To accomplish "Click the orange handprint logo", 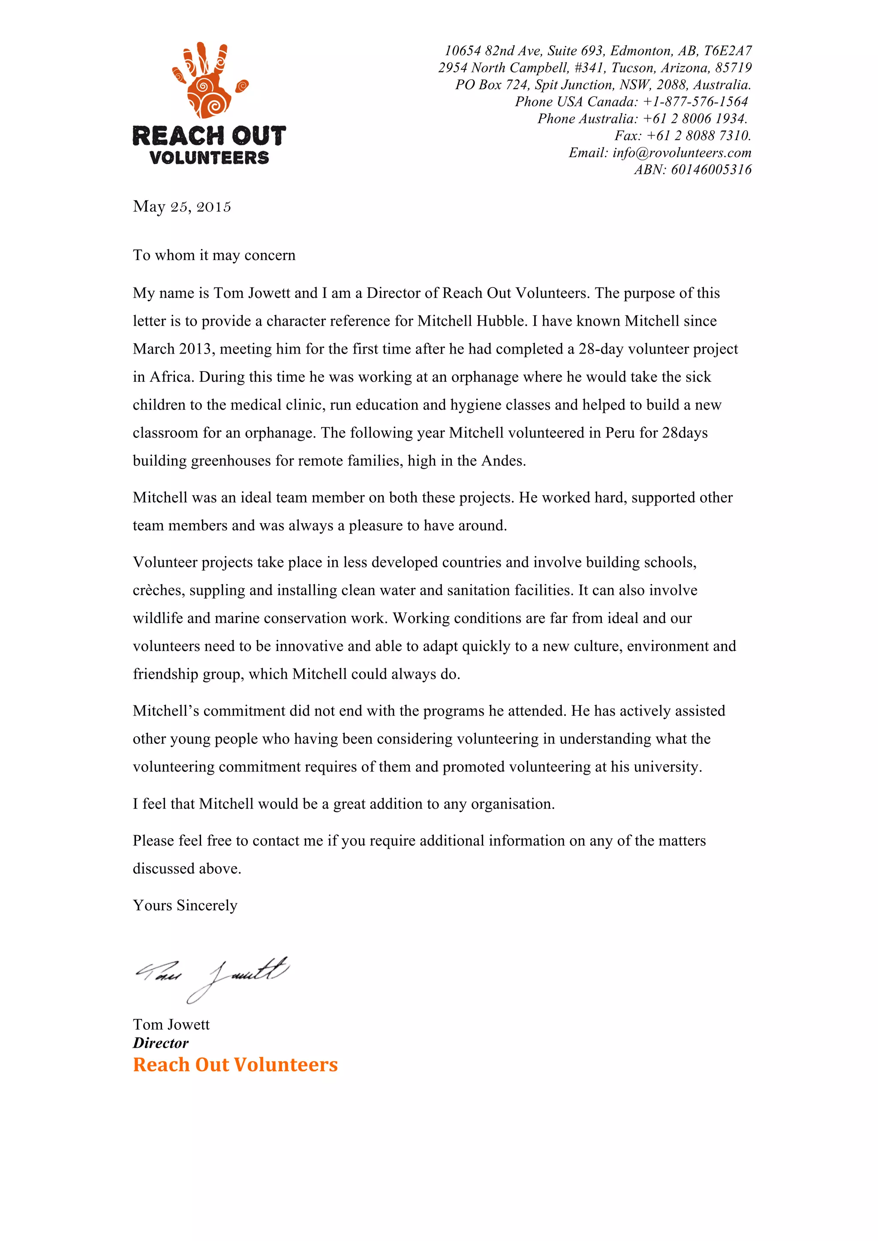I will click(x=208, y=81).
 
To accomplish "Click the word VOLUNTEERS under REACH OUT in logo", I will click(x=209, y=158).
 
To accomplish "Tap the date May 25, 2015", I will click(x=182, y=207).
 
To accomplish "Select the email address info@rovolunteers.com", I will click(x=682, y=153).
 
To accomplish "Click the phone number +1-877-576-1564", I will click(x=695, y=102).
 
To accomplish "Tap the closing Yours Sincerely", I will click(x=185, y=905).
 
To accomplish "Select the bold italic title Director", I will click(x=161, y=1043).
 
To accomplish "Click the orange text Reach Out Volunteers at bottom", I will click(x=235, y=1065).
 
